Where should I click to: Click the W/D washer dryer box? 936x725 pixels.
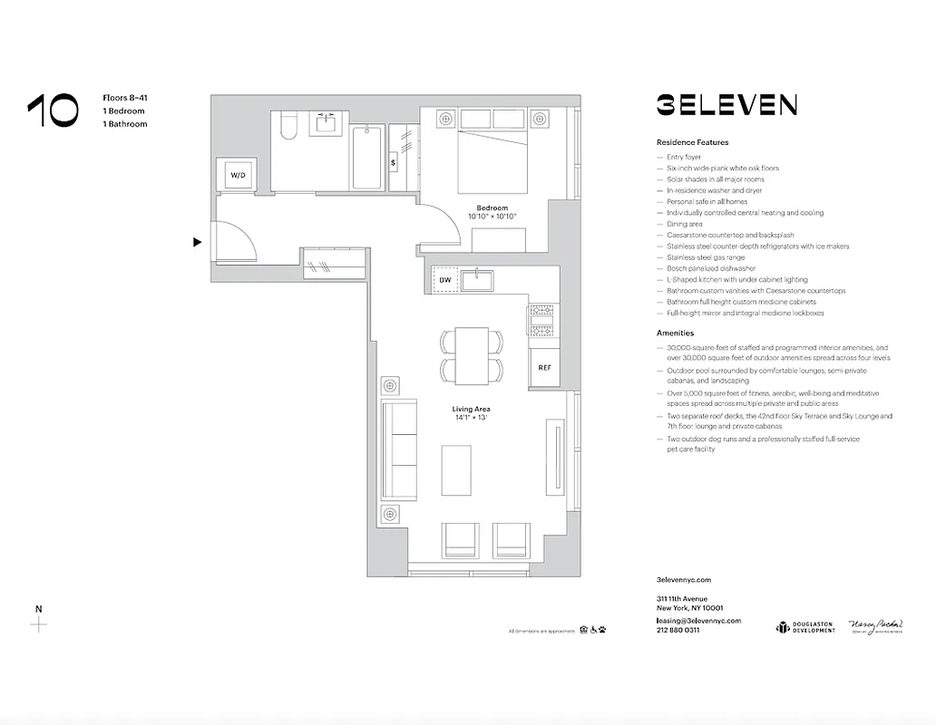[x=238, y=174]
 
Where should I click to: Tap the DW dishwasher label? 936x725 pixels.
[x=445, y=281]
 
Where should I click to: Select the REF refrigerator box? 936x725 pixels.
[x=544, y=367]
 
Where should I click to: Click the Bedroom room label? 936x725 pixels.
[x=492, y=208]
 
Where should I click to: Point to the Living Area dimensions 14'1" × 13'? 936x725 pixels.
[x=471, y=419]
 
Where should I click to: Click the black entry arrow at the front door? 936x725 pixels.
[x=197, y=242]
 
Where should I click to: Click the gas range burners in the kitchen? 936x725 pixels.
[x=543, y=321]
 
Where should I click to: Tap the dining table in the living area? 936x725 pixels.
[x=472, y=355]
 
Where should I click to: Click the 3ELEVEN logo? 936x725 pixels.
[x=726, y=105]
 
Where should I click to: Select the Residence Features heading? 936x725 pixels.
[x=692, y=142]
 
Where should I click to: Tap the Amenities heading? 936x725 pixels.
[x=675, y=333]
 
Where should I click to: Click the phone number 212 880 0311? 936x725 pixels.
[x=678, y=630]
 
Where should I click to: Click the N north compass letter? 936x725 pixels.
[x=37, y=609]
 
